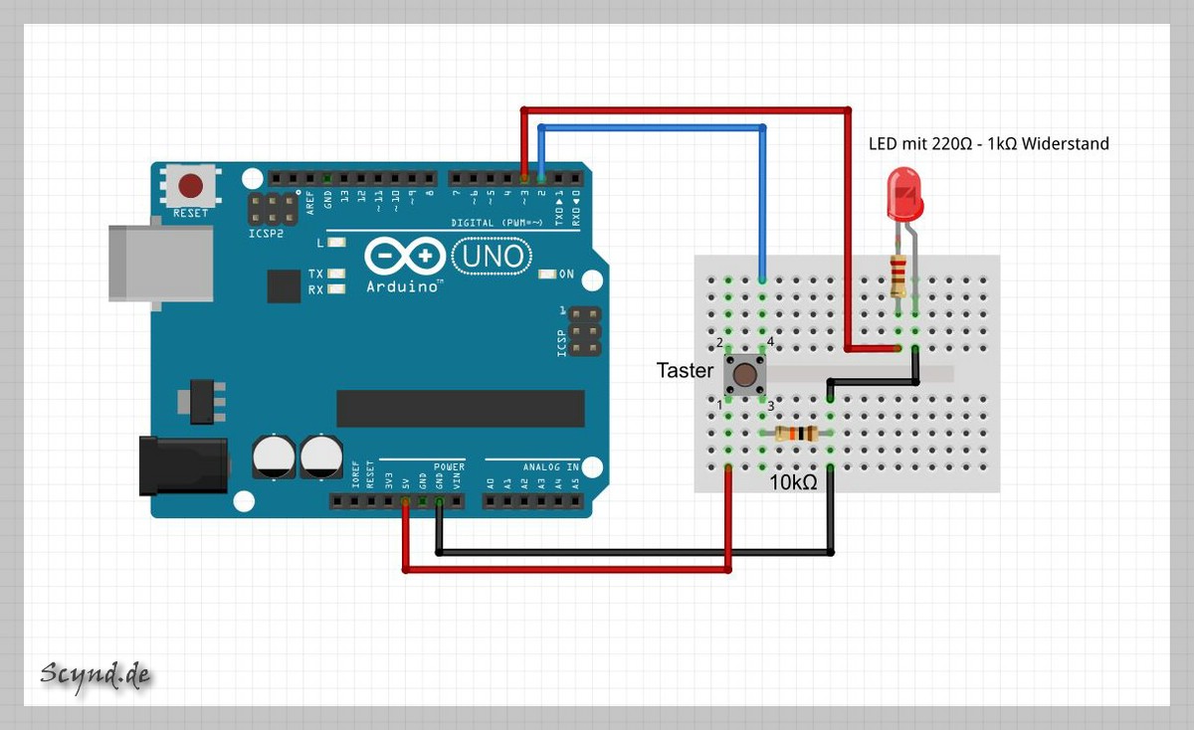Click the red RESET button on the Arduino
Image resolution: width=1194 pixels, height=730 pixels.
click(190, 186)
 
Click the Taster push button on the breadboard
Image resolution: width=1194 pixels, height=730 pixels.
click(744, 374)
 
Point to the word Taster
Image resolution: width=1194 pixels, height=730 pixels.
click(685, 371)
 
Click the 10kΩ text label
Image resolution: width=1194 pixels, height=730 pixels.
click(793, 483)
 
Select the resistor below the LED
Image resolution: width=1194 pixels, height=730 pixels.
click(899, 275)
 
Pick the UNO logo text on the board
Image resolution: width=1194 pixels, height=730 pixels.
click(490, 257)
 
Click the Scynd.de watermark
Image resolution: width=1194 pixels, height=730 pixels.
click(96, 675)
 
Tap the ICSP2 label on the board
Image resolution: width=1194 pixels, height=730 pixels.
click(265, 235)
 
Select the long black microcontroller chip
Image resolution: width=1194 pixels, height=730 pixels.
click(460, 408)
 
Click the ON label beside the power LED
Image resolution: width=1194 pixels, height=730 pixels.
click(566, 274)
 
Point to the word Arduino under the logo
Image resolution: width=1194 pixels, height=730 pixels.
click(403, 286)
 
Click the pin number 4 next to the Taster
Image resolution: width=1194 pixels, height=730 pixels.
click(770, 343)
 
